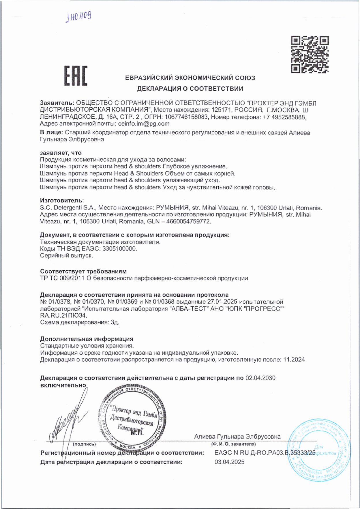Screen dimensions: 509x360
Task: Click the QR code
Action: [x=310, y=54]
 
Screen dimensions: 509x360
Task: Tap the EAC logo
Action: [x=76, y=76]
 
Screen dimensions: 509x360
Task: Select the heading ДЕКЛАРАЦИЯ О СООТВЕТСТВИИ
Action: [x=190, y=89]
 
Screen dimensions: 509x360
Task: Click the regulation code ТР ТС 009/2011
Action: [x=62, y=278]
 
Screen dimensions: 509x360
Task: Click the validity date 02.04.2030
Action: [x=260, y=378]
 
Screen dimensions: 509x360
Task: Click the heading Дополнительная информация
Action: [x=87, y=339]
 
